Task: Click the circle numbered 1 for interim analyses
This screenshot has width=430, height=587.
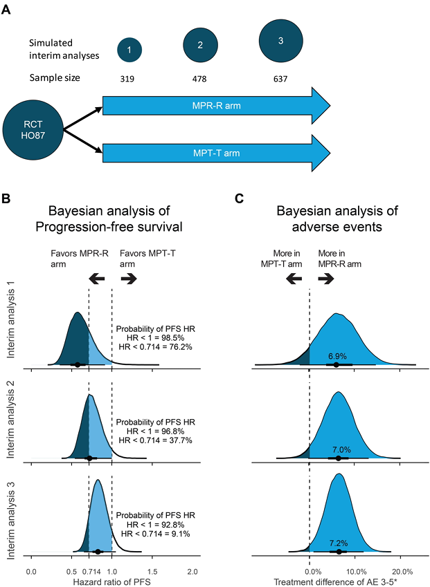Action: click(129, 49)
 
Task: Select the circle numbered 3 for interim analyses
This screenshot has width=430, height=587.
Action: click(280, 41)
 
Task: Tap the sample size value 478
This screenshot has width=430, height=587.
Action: click(199, 78)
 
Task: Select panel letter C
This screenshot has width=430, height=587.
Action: click(239, 199)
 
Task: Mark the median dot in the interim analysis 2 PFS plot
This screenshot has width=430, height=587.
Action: click(89, 458)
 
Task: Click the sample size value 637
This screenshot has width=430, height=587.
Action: click(280, 78)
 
